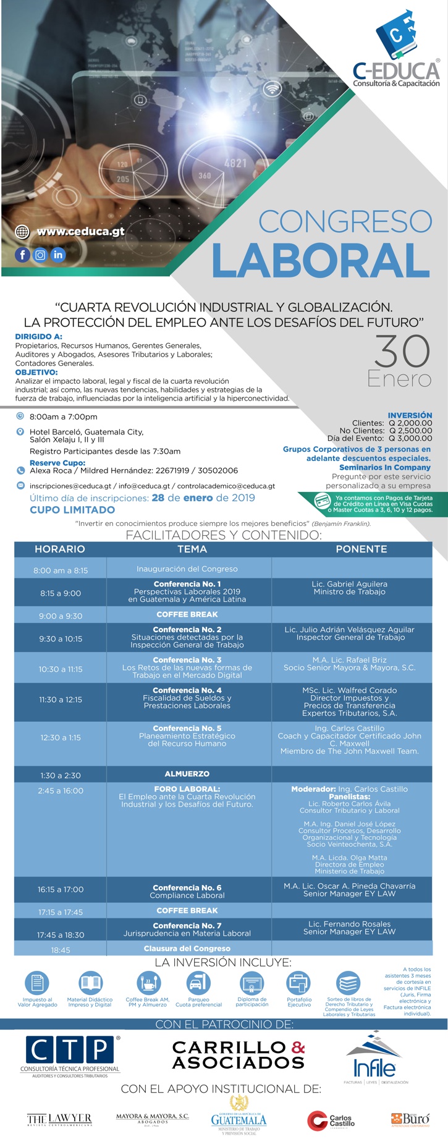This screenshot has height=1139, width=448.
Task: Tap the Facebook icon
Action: coord(22,255)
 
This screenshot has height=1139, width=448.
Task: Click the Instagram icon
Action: coord(40,255)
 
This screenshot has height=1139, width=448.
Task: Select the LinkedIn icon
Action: coord(58,255)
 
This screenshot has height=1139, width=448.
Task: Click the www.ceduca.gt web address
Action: coord(80,232)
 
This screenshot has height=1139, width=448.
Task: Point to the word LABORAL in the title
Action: coord(321,260)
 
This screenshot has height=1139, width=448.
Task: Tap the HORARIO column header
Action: coord(60,549)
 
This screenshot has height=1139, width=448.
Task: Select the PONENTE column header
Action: coord(361,549)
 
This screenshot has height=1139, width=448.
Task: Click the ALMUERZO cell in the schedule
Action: coord(187,774)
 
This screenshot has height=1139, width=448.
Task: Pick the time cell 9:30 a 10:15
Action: coord(61,638)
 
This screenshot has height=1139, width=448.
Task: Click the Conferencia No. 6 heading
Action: coord(187,887)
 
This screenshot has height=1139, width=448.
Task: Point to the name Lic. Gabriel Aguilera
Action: coord(350,583)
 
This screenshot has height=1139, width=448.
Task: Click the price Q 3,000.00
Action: coord(410,438)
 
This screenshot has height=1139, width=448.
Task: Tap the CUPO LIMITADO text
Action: coord(72,510)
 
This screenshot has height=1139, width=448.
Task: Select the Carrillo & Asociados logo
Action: coord(239,1054)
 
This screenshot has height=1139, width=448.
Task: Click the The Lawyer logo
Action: coord(59,1119)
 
